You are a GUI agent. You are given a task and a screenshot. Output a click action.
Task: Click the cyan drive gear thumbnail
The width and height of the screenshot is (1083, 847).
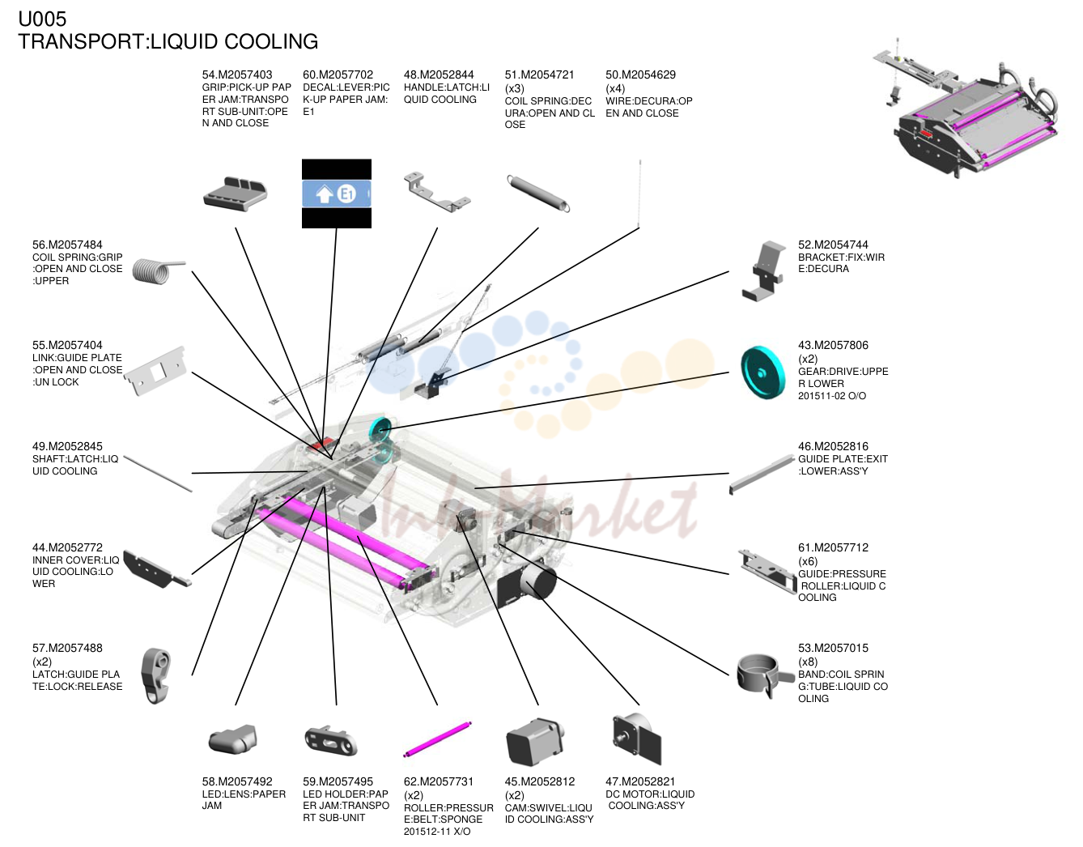(x=762, y=373)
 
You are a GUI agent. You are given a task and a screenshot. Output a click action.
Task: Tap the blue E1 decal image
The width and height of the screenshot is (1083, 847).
(x=337, y=194)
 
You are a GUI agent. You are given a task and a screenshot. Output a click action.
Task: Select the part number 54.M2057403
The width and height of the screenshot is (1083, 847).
(x=237, y=74)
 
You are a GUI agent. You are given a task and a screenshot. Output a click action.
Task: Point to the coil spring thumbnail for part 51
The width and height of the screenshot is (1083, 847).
(x=537, y=194)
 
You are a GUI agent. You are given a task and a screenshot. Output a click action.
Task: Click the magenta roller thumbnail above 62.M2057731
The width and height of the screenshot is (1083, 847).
(x=438, y=739)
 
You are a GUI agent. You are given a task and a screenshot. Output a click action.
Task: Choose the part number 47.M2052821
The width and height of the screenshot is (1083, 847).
(x=640, y=781)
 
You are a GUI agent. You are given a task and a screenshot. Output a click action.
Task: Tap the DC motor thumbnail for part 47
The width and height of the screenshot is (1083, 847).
(x=636, y=738)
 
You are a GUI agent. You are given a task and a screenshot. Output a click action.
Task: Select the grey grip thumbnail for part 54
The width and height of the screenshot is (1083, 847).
(x=236, y=194)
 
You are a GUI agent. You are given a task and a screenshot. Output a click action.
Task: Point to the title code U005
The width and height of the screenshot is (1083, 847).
(x=42, y=19)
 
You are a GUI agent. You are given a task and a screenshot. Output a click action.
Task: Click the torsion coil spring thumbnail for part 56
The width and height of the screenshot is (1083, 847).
(x=158, y=271)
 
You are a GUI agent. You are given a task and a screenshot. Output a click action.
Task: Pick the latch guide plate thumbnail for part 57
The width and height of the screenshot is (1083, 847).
(x=156, y=675)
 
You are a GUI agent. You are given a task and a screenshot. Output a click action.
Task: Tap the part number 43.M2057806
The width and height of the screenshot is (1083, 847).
(x=833, y=345)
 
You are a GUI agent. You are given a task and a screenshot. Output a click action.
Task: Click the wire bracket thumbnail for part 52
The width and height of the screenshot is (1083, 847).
(x=762, y=270)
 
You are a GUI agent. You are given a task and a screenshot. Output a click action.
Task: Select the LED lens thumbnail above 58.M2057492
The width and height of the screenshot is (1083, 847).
(x=233, y=738)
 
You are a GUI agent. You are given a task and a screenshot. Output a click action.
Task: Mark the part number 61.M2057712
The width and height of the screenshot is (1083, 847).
(x=833, y=547)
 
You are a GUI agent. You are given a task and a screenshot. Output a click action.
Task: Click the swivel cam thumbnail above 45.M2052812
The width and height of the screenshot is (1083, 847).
(x=535, y=741)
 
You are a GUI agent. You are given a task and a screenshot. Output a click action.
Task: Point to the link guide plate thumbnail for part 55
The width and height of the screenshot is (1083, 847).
(x=155, y=372)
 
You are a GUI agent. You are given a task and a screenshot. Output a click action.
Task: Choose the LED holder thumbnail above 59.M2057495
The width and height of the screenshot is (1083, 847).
(x=331, y=740)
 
